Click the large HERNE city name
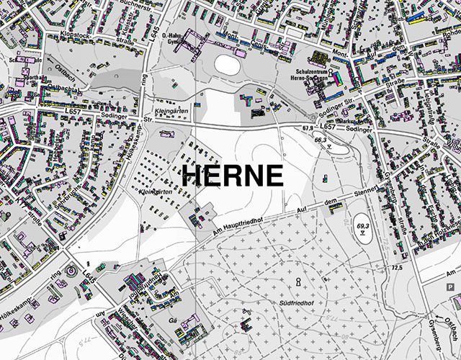pos(231,175)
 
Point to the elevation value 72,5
pos(396,268)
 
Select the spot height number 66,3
pos(321,140)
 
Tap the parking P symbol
pos(451,286)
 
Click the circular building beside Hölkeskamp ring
pos(71,271)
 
